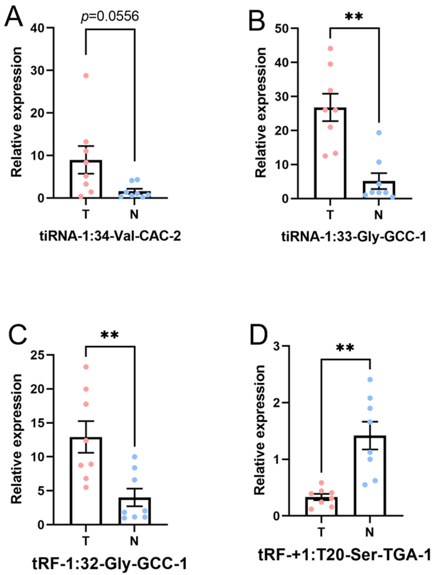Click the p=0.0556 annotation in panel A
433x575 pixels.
110,16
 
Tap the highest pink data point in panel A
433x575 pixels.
86,76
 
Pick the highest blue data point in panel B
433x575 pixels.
379,133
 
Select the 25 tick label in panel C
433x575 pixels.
38,355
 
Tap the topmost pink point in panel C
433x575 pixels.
86,367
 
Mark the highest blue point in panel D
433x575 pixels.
370,379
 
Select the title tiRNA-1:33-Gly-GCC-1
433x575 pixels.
354,237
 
